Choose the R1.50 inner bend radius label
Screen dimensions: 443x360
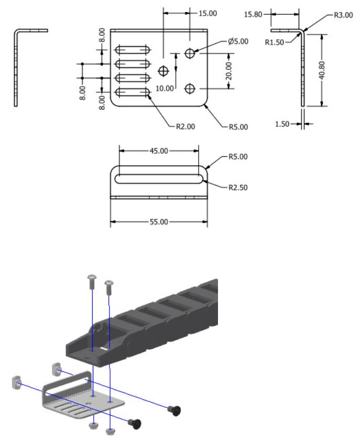(x=272, y=42)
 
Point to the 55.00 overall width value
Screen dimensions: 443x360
(x=159, y=222)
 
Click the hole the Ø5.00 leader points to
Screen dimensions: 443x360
(x=191, y=53)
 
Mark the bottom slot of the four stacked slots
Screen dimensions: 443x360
(x=133, y=93)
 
